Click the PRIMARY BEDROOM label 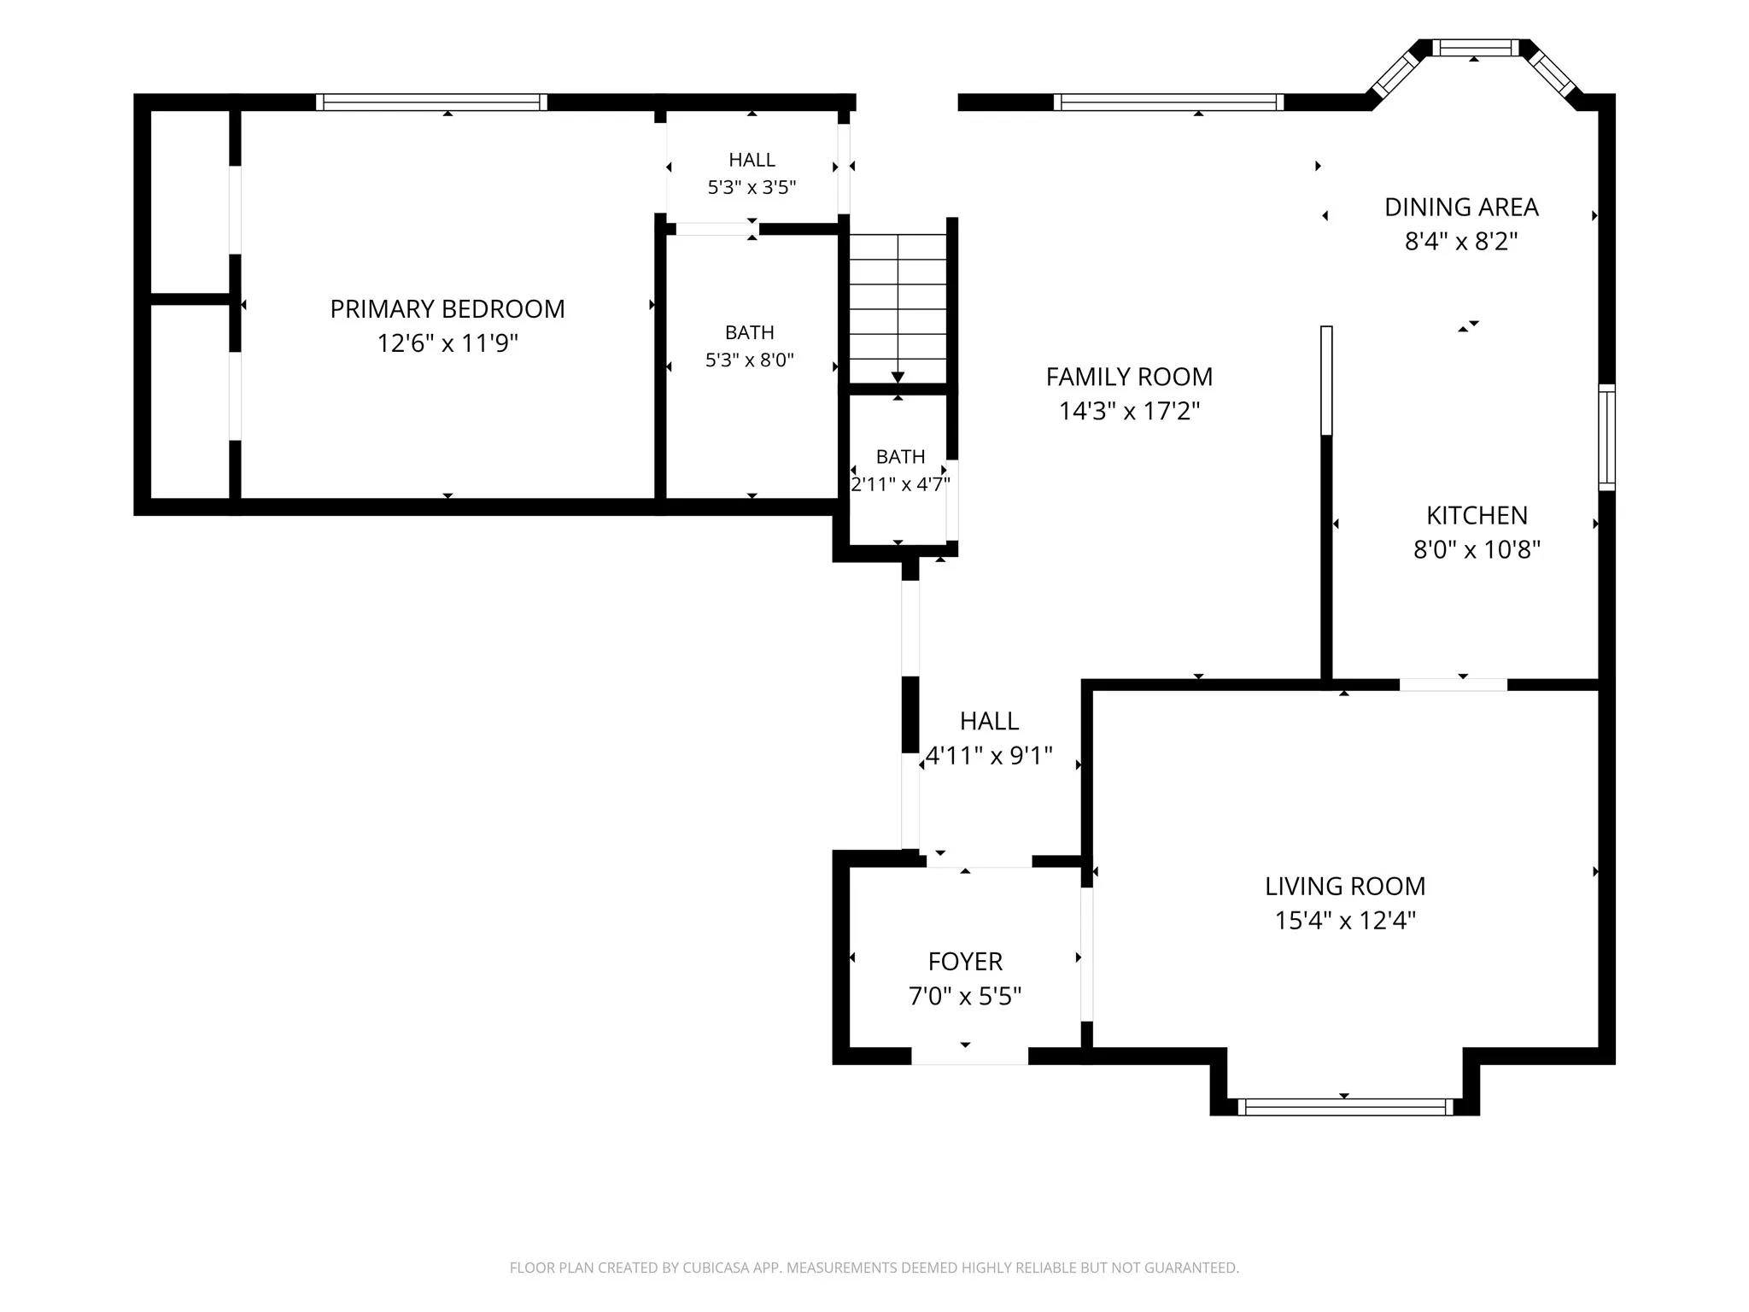coord(447,308)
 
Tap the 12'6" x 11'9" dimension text coord(447,343)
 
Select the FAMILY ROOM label coord(1129,377)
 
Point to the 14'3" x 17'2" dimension coord(1129,412)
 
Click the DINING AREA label coord(1461,207)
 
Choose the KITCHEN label coord(1477,515)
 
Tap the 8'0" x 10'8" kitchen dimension coord(1477,549)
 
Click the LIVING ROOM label coord(1345,886)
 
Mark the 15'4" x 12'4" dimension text coord(1345,921)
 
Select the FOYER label coord(965,962)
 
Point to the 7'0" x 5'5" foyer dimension coord(965,996)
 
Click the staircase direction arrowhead coord(898,378)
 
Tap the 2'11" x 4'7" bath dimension coord(900,484)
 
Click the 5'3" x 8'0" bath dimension coord(749,360)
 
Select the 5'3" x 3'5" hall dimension coord(752,187)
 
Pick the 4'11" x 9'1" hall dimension coord(989,756)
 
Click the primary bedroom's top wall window coord(431,102)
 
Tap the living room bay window coord(1345,1107)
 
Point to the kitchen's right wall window coord(1606,437)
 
